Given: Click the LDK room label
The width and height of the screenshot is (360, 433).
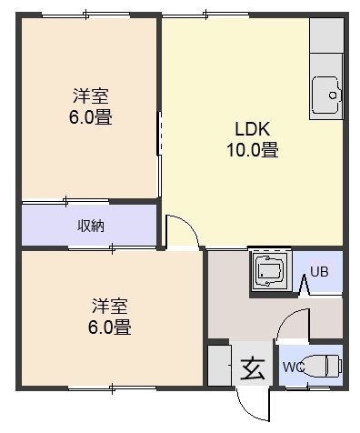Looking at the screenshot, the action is (253, 128).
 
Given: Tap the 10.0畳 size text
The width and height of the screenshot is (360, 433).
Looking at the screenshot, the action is (253, 149).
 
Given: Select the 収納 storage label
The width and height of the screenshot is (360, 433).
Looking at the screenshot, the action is (91, 226).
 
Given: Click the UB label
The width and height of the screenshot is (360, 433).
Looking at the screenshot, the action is (319, 272).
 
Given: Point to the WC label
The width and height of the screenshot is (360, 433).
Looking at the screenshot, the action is (294, 368).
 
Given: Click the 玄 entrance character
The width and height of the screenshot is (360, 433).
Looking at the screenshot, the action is (253, 368).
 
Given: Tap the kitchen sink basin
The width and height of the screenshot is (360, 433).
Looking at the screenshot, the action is (326, 95).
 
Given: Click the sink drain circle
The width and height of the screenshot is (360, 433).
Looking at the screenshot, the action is (333, 96).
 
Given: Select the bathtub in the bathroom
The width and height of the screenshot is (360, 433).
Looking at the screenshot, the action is (269, 271).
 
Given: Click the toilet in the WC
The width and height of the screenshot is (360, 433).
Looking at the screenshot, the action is (321, 366).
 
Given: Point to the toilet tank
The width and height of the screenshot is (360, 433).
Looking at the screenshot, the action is (334, 366).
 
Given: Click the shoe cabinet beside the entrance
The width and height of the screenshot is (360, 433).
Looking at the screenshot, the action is (220, 366).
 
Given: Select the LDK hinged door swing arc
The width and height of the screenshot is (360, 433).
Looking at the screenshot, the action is (188, 225).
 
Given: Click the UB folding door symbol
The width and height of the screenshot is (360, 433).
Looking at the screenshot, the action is (305, 285).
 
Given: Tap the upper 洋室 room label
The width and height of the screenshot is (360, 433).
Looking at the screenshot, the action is (90, 96).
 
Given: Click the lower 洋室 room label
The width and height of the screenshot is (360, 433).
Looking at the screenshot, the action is (110, 306).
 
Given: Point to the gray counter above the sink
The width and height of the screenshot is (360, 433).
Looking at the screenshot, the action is (326, 35).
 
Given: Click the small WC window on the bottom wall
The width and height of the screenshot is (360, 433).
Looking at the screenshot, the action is (308, 388).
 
